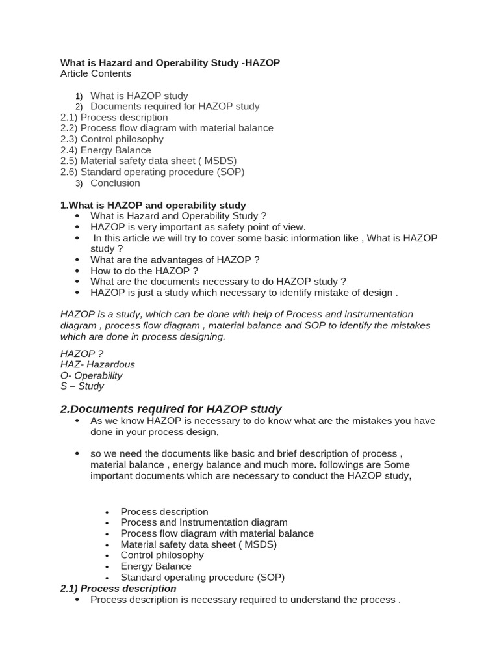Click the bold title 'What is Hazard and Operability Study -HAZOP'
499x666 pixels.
pos(170,62)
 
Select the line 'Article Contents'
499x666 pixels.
pos(96,73)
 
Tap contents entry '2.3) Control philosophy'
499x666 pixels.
pos(112,139)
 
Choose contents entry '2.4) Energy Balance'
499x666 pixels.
pos(105,150)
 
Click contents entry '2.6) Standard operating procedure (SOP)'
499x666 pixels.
pos(152,172)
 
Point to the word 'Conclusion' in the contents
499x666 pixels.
pos(115,183)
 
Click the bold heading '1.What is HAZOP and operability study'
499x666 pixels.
pos(153,205)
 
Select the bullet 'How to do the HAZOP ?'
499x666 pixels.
pos(144,271)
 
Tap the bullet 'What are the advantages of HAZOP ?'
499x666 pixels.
pos(175,260)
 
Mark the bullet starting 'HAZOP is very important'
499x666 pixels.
pos(198,227)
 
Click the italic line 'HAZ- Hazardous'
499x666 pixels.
pos(97,364)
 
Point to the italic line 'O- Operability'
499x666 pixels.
pos(91,375)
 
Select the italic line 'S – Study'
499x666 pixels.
pos(82,386)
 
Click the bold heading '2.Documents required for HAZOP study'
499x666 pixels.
pos(171,409)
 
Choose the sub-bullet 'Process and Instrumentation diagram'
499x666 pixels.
pos(203,522)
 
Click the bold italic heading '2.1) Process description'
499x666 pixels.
pos(118,588)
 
